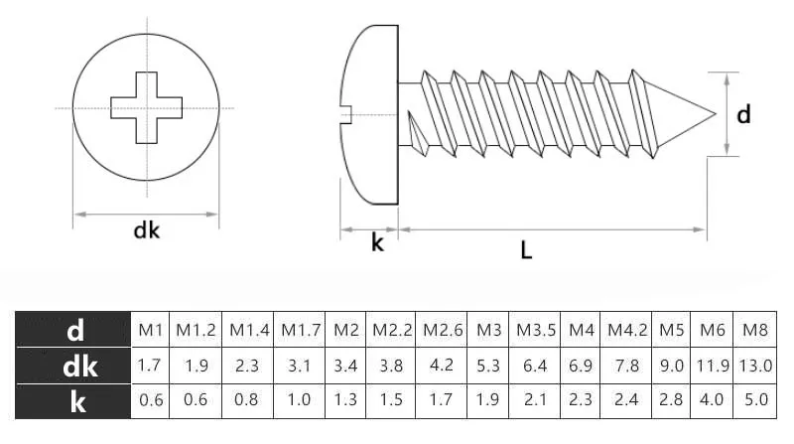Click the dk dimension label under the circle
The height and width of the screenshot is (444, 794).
[146, 231]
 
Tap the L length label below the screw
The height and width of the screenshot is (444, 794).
[526, 250]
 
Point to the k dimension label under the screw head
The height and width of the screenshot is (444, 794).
[377, 243]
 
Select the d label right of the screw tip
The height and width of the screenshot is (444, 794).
[743, 115]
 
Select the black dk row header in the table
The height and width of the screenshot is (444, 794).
[74, 367]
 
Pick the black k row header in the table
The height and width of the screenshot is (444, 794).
[74, 402]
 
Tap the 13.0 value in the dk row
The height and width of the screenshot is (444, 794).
[755, 367]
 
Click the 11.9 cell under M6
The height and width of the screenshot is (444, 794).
[713, 367]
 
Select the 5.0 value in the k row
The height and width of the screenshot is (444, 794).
[755, 402]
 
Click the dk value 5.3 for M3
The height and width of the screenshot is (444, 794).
[488, 367]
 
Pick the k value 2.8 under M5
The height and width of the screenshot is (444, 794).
[674, 402]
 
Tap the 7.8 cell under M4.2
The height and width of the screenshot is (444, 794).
[628, 367]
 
